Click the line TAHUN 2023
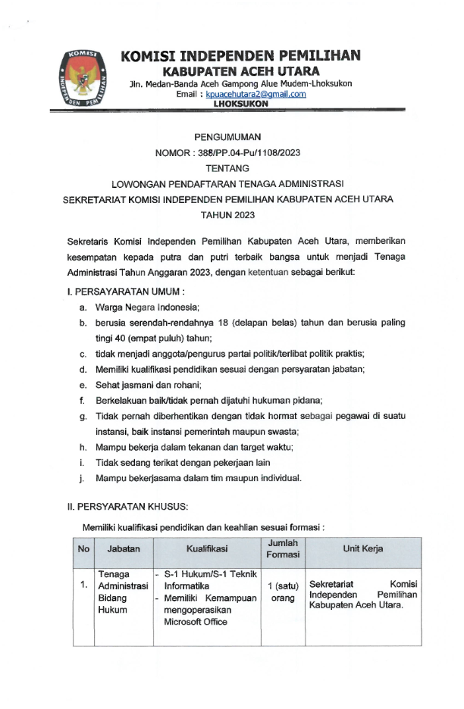(228, 216)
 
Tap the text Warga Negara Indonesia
(147, 308)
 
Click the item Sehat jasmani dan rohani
(143, 385)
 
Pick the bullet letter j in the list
(81, 479)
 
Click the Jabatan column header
(123, 548)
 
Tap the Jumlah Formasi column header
(283, 548)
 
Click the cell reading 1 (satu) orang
(283, 592)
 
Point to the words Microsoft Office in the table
(196, 622)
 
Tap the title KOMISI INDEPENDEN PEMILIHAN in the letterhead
(241, 55)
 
